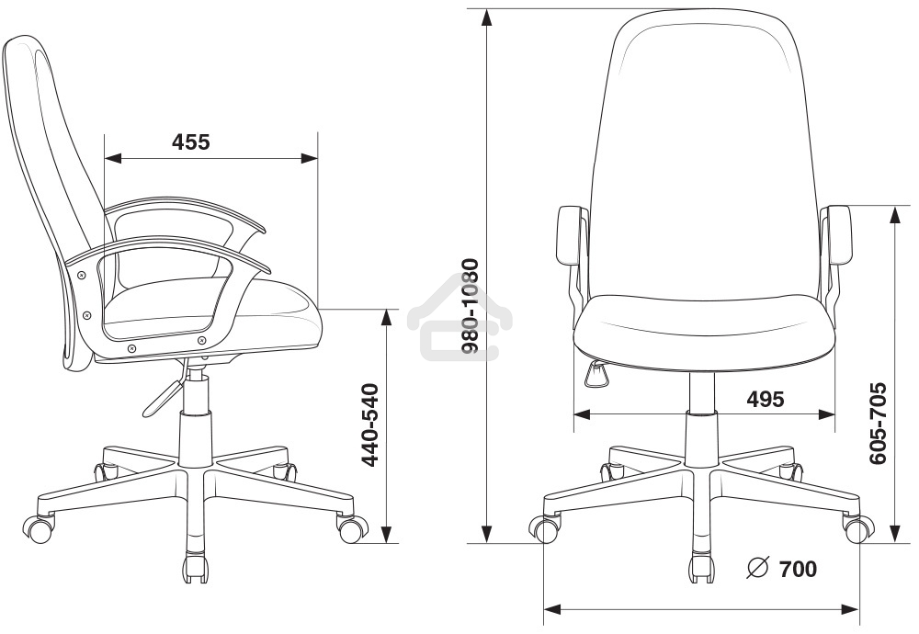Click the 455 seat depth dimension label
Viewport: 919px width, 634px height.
(x=190, y=142)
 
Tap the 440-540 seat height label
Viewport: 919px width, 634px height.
(x=369, y=425)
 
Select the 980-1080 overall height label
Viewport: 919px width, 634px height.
(x=470, y=306)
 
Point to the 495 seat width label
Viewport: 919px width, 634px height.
(x=765, y=399)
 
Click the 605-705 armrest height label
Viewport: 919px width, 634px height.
(x=878, y=424)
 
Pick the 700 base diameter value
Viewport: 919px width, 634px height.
(x=798, y=569)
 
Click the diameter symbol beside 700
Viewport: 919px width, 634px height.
(x=757, y=568)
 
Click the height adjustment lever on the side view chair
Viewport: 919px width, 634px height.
(x=165, y=395)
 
